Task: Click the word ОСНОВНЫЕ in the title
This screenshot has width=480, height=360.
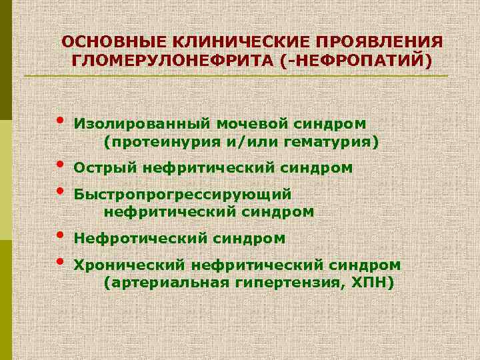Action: [x=105, y=42]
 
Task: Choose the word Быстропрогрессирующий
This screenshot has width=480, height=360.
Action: [x=183, y=194]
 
